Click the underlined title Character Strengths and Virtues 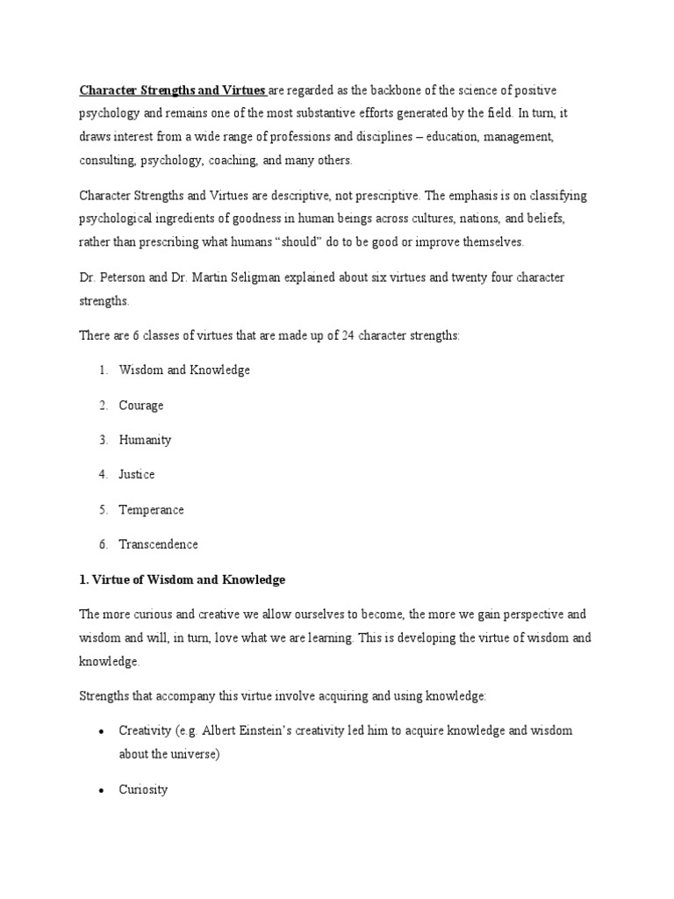173,90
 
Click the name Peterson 125,277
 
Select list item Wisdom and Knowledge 184,370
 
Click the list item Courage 141,406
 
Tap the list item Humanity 145,440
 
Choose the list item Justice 137,475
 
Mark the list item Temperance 152,509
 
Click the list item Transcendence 159,544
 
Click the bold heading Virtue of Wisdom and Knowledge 188,580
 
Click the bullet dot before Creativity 102,731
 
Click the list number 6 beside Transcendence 103,544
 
